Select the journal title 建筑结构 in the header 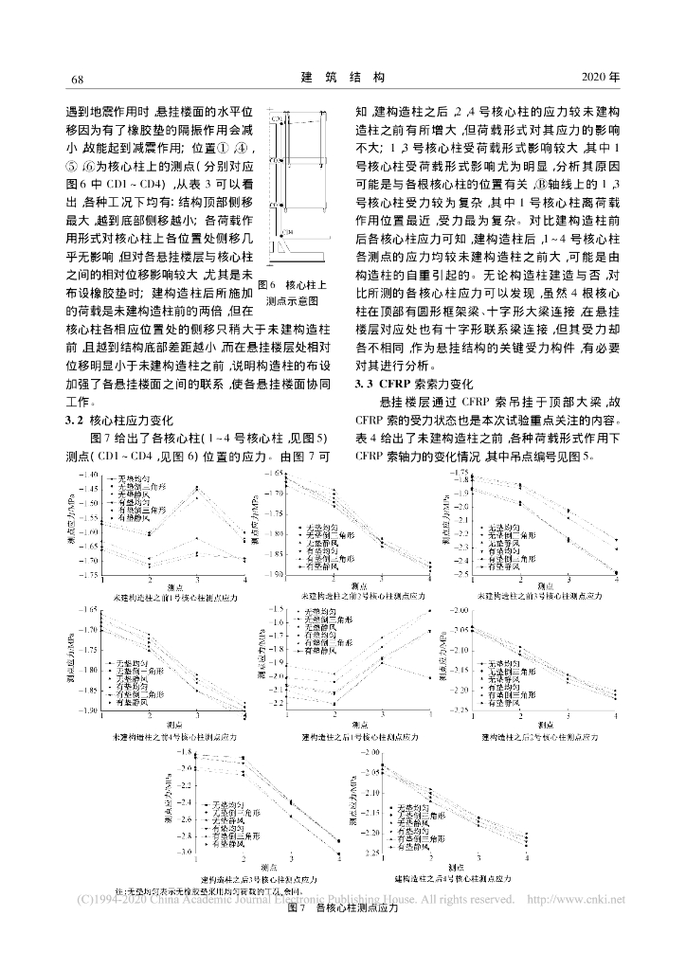point(343,75)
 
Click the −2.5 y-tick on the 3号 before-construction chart point(462,574)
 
